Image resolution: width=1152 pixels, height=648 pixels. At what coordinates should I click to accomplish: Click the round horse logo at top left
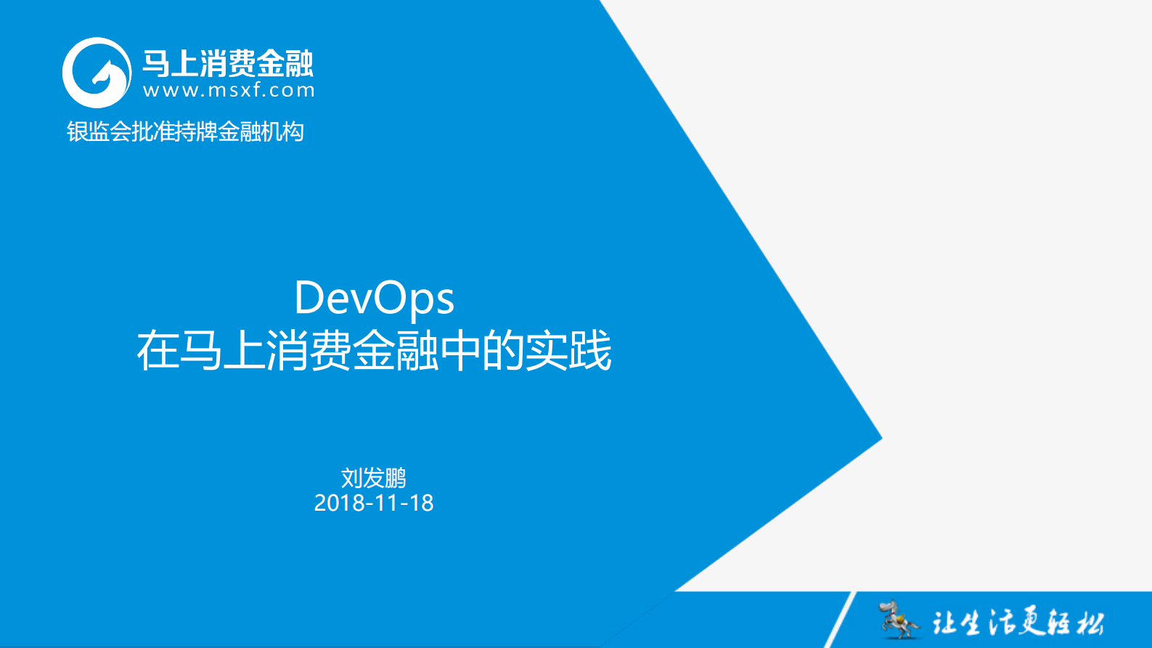coord(97,73)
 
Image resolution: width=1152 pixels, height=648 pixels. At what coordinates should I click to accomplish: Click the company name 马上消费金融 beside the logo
coord(227,64)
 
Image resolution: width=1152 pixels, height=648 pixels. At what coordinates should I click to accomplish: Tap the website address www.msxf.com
coord(229,90)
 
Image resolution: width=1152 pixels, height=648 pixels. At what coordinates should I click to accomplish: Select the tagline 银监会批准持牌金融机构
coord(185,131)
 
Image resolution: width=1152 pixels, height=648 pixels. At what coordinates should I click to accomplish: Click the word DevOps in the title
coord(374,298)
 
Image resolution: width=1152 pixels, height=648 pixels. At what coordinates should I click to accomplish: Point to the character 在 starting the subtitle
coord(158,351)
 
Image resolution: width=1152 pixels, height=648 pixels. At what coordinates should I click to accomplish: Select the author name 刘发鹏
coord(373,478)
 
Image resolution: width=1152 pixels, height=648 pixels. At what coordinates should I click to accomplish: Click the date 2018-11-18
coord(373,503)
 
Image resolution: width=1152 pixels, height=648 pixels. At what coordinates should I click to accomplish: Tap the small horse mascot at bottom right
coord(897,619)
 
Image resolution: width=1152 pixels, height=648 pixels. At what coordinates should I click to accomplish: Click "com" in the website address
coord(296,90)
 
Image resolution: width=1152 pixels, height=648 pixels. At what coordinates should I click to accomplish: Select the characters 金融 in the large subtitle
coord(396,351)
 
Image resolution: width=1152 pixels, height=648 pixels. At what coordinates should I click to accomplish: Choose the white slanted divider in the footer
coord(841,619)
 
